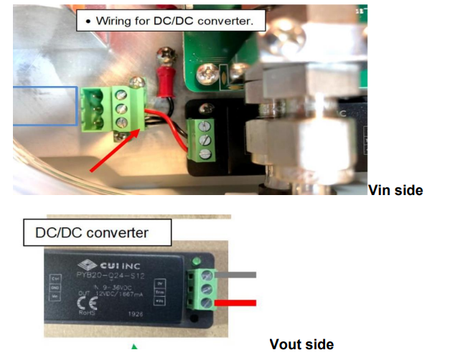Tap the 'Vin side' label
(x=395, y=190)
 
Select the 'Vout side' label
(x=301, y=344)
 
